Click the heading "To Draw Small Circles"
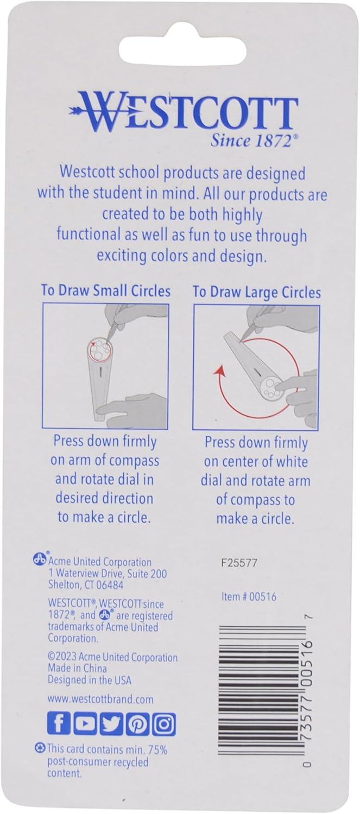(x=105, y=291)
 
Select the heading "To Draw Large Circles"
(x=256, y=292)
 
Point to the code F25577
(x=239, y=563)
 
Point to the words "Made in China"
(x=78, y=668)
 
